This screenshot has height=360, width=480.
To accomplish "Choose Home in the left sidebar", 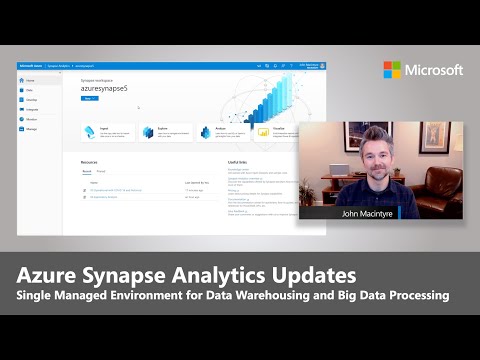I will (x=30, y=79).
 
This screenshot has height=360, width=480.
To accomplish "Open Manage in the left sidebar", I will (x=31, y=129).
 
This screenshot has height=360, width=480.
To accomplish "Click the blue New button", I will (x=88, y=100).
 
